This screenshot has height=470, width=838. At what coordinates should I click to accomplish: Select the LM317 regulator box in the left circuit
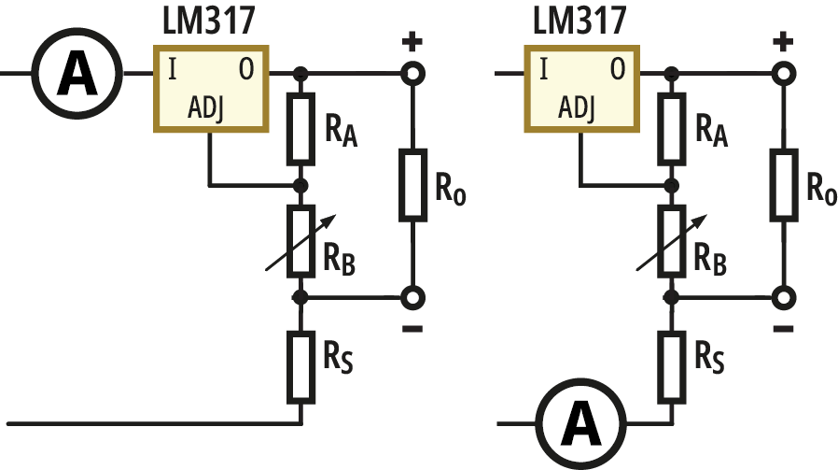(212, 88)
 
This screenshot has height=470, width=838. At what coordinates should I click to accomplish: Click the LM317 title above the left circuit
(210, 20)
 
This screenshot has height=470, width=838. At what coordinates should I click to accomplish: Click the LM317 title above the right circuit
(579, 20)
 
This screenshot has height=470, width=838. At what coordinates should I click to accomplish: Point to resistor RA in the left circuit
(300, 128)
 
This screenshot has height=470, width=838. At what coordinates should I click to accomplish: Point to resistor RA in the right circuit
(670, 128)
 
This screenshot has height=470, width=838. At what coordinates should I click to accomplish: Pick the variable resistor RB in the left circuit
(300, 241)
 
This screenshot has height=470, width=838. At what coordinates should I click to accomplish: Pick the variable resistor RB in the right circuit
(670, 241)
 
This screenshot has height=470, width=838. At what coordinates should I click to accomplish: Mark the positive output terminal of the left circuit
(412, 72)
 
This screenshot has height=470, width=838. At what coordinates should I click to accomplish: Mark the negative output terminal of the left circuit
(412, 297)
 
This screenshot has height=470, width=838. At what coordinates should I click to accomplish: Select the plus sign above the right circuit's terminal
(784, 42)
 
